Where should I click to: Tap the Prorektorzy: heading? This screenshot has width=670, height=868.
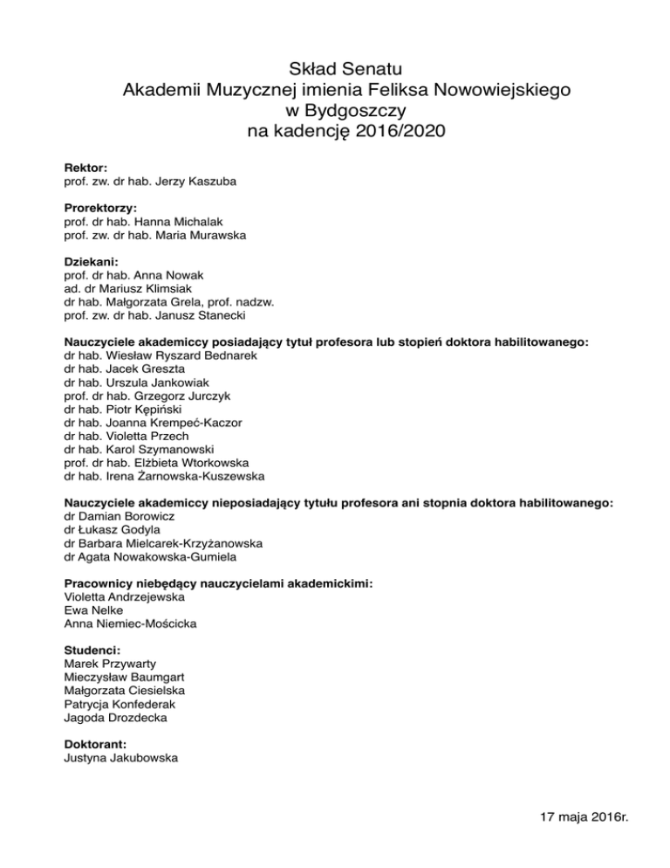101,209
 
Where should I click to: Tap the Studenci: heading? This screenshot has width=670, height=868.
92,651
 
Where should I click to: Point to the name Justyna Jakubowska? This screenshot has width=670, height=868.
121,759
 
